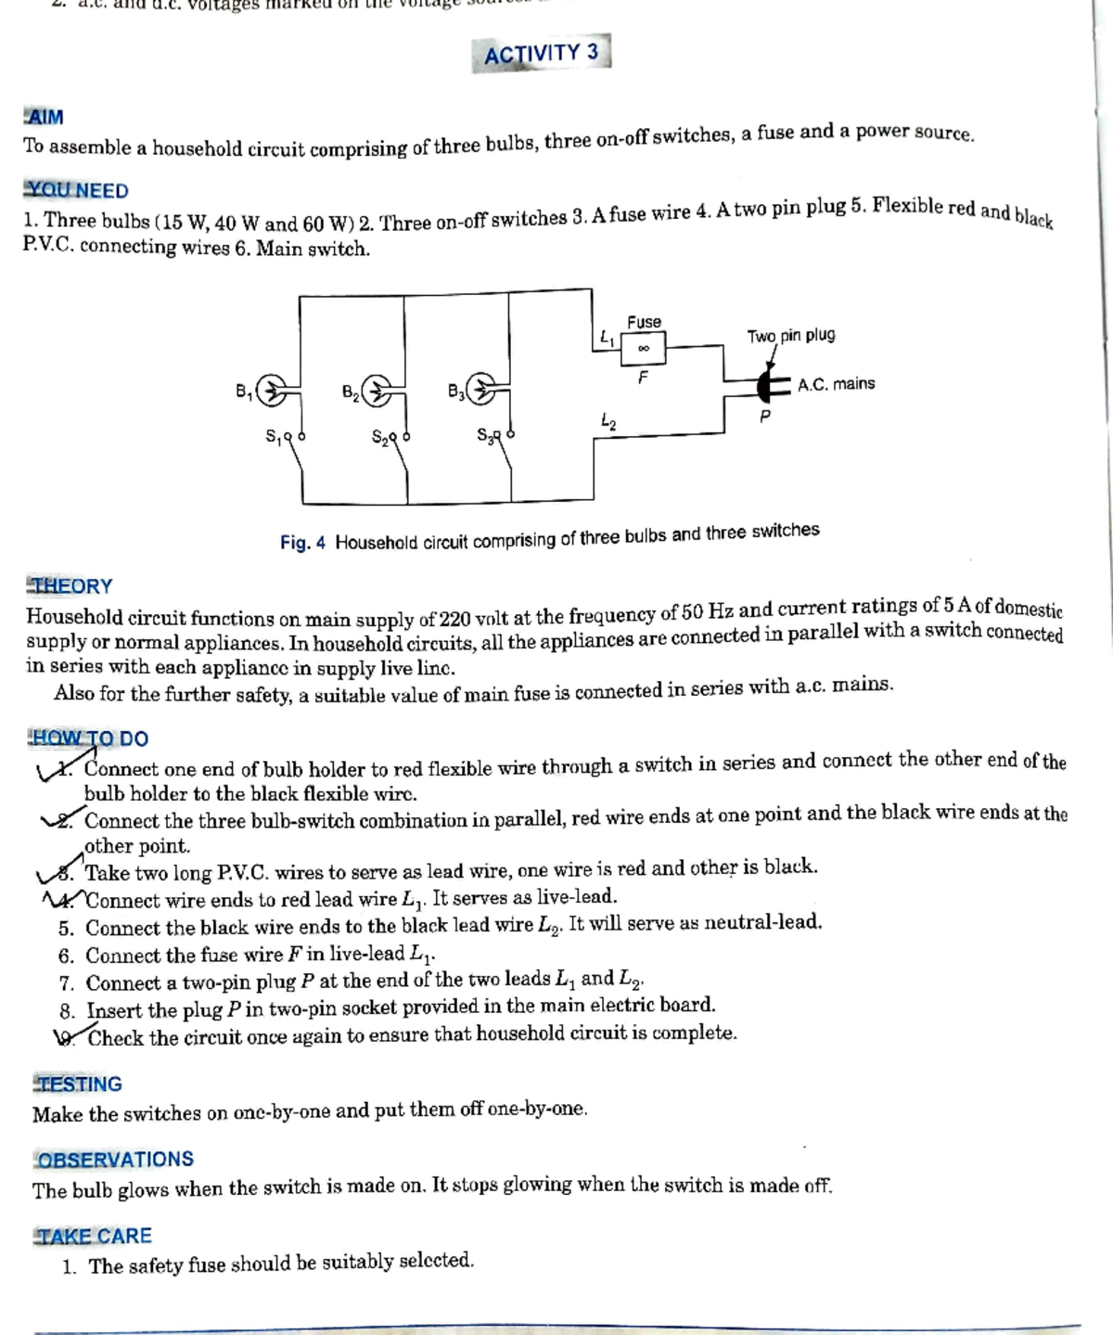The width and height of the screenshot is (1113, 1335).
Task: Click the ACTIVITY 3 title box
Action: tap(541, 54)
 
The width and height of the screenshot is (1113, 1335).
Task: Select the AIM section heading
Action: tap(44, 118)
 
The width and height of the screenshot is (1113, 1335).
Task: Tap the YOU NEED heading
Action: tap(76, 190)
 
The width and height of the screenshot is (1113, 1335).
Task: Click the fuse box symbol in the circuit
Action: tap(644, 350)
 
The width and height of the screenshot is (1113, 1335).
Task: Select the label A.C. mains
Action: tap(836, 384)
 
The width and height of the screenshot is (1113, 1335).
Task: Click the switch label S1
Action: tap(274, 435)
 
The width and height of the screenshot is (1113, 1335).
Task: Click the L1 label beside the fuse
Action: tap(606, 339)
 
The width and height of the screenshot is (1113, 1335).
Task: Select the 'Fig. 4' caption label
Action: tap(302, 543)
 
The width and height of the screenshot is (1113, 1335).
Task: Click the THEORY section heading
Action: tap(70, 586)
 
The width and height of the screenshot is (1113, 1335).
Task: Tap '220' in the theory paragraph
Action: tap(454, 618)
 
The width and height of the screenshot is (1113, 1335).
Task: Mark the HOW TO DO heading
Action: tap(89, 739)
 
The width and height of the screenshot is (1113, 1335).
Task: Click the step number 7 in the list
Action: tap(67, 983)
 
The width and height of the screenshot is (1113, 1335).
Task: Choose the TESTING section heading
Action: tap(78, 1085)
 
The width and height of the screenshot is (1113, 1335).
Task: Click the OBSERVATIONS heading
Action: tap(114, 1160)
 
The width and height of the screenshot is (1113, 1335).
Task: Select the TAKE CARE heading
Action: tap(93, 1237)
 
